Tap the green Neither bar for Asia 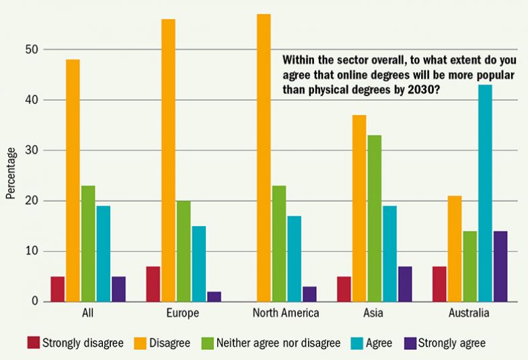[x=374, y=219]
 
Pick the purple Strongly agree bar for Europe [x=214, y=297]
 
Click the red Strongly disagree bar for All [x=57, y=289]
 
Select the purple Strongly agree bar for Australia [x=500, y=266]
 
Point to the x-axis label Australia [x=469, y=314]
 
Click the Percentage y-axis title [x=10, y=176]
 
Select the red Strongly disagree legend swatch [x=33, y=343]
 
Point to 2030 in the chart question [x=415, y=89]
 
